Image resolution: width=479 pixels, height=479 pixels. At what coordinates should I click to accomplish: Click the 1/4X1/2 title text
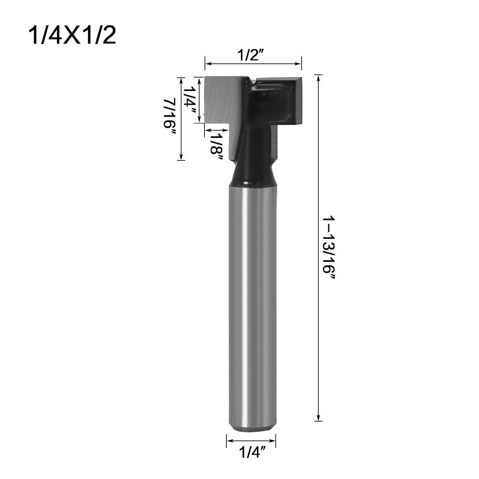[x=72, y=36]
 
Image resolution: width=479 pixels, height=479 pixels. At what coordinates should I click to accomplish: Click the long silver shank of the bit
[x=252, y=306]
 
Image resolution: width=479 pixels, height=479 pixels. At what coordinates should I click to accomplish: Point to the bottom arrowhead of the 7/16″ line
[x=180, y=157]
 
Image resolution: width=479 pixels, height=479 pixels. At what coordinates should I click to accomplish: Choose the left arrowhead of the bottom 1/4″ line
[x=229, y=441]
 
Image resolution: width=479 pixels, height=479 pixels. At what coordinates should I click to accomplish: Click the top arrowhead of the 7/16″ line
[x=180, y=79]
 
